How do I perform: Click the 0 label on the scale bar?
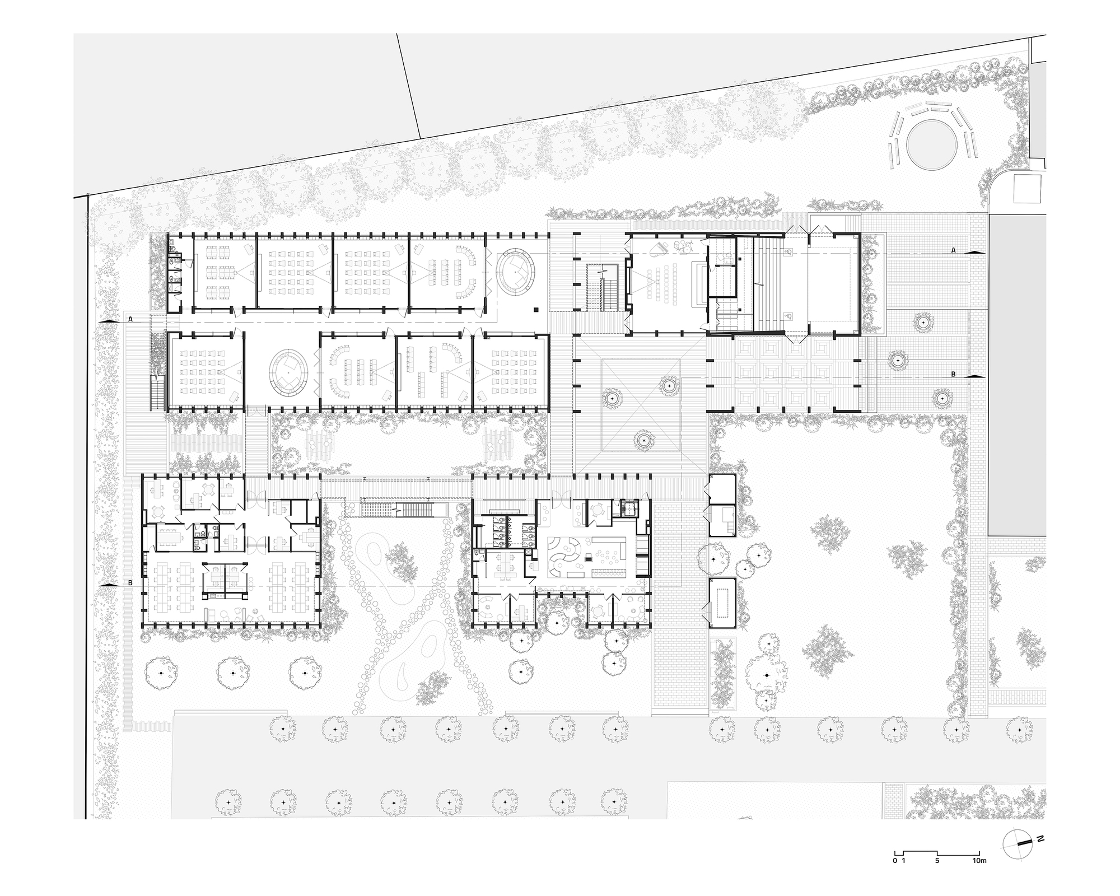[x=895, y=860]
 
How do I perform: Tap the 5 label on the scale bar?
[x=937, y=860]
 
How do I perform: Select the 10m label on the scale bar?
[x=979, y=860]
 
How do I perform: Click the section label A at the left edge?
[x=130, y=319]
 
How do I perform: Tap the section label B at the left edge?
[x=130, y=583]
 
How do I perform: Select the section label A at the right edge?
[x=954, y=250]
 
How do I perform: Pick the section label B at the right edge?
[x=954, y=374]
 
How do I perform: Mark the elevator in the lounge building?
[x=630, y=508]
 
